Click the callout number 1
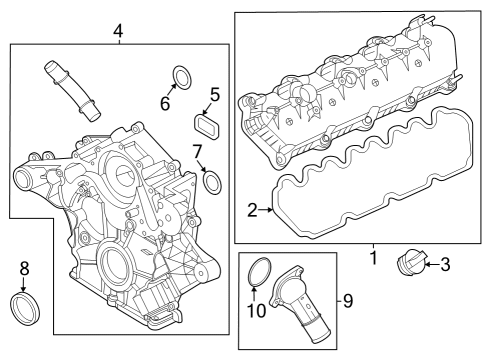click(372, 258)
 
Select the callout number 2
click(253, 210)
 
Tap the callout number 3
click(445, 264)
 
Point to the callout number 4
click(118, 31)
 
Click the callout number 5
click(214, 97)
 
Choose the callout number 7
click(197, 151)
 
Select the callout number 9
click(348, 299)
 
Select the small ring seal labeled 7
click(212, 181)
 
